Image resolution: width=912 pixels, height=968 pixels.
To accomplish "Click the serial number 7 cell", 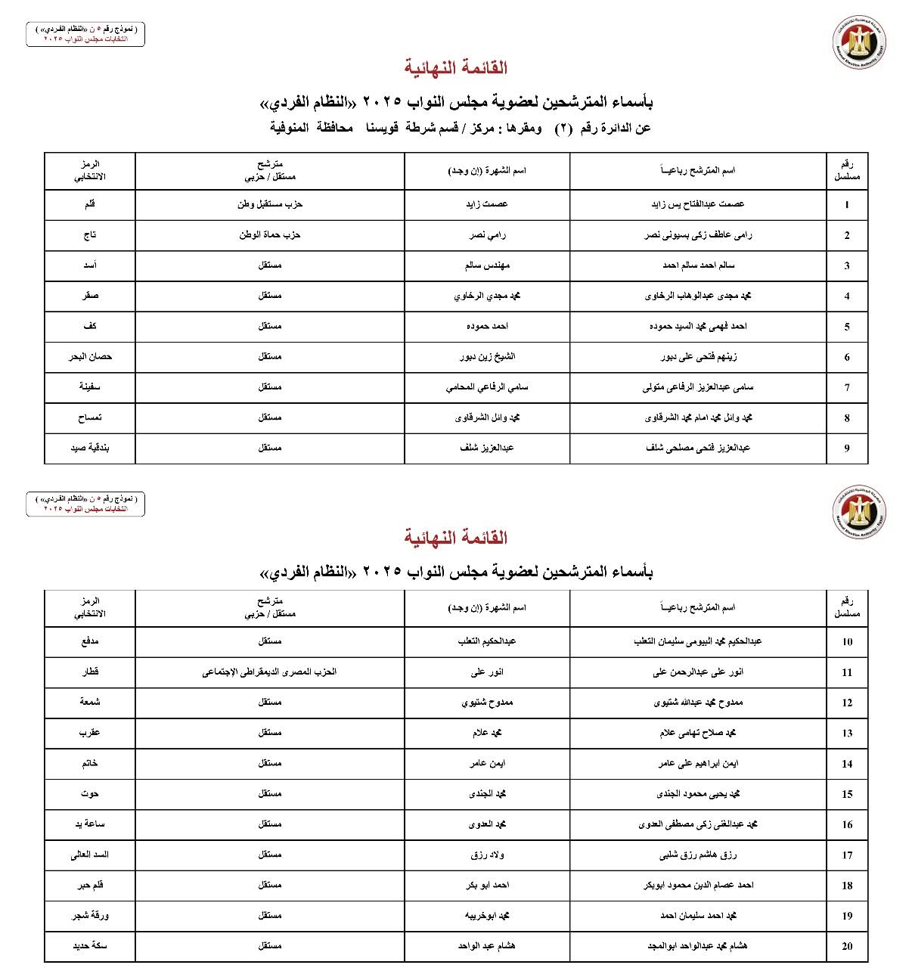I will [x=846, y=387].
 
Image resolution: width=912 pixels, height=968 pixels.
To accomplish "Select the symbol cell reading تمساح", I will [x=90, y=417].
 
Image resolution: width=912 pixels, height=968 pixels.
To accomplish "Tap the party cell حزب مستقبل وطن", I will [x=270, y=204].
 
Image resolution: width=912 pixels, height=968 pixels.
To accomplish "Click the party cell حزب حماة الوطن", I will [x=270, y=235].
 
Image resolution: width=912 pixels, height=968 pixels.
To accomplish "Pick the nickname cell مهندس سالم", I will [x=487, y=265].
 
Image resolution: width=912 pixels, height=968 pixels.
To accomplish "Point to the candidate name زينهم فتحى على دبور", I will [x=698, y=357].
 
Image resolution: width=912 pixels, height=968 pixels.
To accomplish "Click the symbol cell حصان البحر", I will [x=90, y=356].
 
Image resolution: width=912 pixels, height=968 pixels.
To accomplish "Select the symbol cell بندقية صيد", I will [x=90, y=448].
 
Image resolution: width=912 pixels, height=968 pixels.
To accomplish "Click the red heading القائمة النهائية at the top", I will [x=455, y=68].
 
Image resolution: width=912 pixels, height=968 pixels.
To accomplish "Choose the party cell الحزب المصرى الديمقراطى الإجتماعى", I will [x=270, y=672].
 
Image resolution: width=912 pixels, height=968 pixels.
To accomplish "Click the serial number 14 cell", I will [x=846, y=764].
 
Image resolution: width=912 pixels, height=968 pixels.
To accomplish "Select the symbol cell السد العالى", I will [x=90, y=855].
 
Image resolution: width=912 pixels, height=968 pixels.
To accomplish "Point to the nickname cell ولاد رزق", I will [x=487, y=855].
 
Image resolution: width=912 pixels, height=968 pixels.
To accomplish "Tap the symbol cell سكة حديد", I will [x=90, y=945].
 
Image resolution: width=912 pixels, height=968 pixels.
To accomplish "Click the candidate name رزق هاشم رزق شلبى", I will [x=698, y=855].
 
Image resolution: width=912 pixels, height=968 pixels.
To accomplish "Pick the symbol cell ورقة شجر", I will [x=90, y=915].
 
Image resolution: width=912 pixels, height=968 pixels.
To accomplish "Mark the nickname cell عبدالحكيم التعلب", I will [x=487, y=641].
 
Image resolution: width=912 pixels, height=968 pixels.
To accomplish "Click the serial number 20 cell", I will [x=846, y=946].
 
